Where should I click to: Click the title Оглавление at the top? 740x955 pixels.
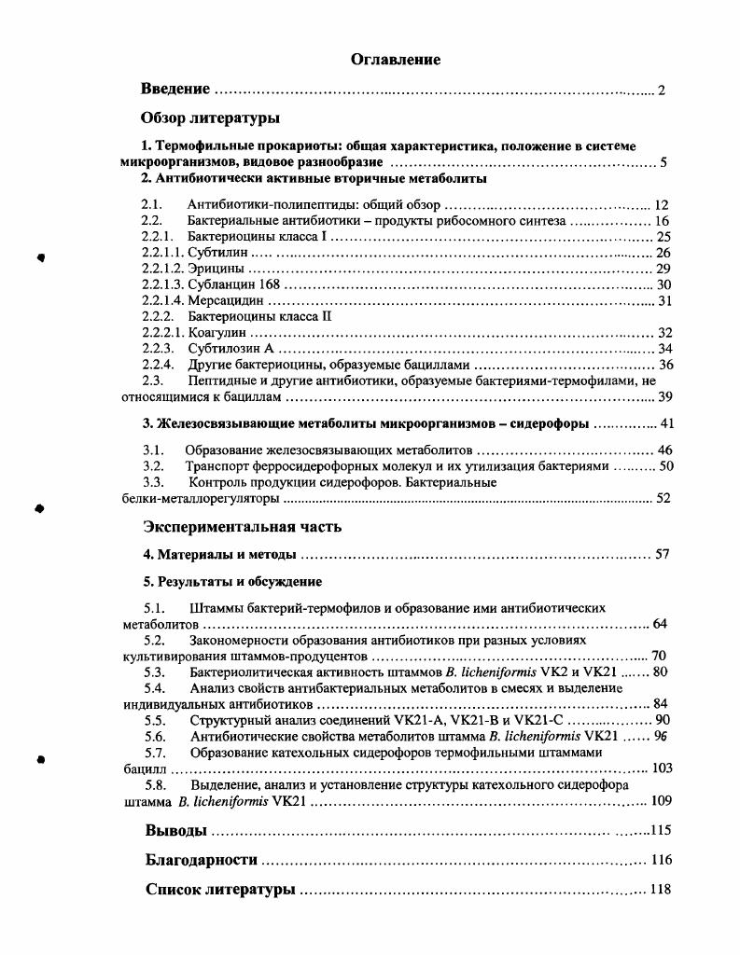(396, 60)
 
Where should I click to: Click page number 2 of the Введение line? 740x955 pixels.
(661, 90)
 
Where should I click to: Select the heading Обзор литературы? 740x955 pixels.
(210, 118)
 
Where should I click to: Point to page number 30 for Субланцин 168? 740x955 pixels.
(663, 284)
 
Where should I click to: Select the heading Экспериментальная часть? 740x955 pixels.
(242, 526)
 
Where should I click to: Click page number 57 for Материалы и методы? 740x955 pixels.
(663, 554)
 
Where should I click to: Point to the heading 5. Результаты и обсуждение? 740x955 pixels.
(232, 582)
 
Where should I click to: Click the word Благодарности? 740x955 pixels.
(201, 860)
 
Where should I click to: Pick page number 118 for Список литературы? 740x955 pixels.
(661, 890)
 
